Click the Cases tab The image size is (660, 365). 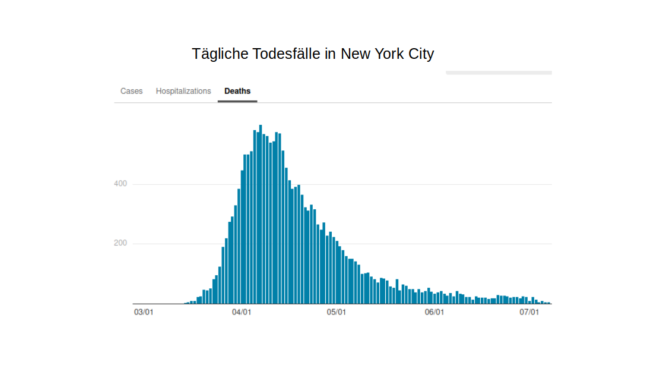tap(131, 91)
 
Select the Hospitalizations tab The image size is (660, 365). tap(183, 91)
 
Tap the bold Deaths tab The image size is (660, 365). tap(237, 91)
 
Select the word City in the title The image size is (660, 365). tap(423, 54)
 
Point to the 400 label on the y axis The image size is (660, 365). tap(120, 184)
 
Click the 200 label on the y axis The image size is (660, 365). tap(120, 243)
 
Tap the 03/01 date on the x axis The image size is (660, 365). tap(144, 312)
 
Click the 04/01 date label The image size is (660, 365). tap(241, 312)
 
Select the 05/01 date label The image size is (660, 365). tap(337, 312)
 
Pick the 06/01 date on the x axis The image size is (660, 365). tap(434, 312)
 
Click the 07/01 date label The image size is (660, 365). tap(529, 312)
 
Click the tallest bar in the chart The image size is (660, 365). tap(261, 214)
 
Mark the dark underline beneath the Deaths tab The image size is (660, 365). tap(237, 101)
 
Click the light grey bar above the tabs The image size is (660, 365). tap(499, 73)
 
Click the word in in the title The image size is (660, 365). tap(331, 54)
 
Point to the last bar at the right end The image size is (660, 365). tap(549, 303)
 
